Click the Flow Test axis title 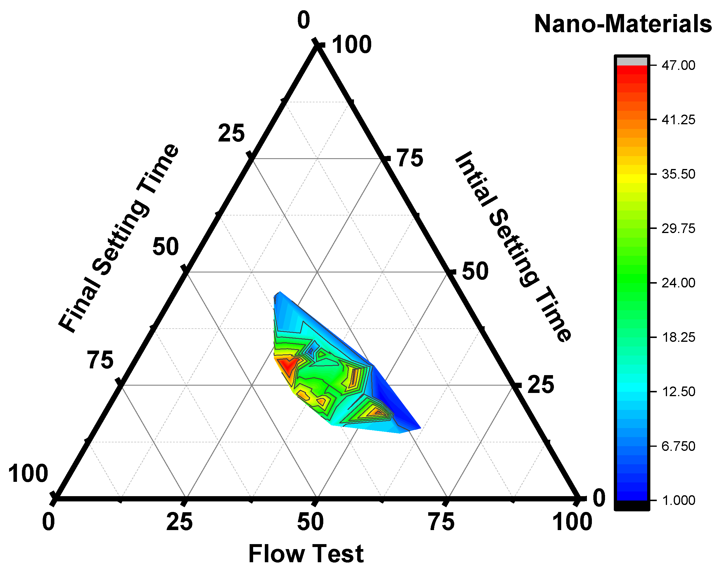click(306, 554)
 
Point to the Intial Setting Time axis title click(513, 246)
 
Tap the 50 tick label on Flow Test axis click(310, 522)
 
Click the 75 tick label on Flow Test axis click(442, 522)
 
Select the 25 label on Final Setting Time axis click(231, 133)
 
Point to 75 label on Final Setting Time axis click(100, 360)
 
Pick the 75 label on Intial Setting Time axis click(410, 158)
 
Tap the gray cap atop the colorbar click(632, 61)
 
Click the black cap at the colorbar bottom click(632, 505)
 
